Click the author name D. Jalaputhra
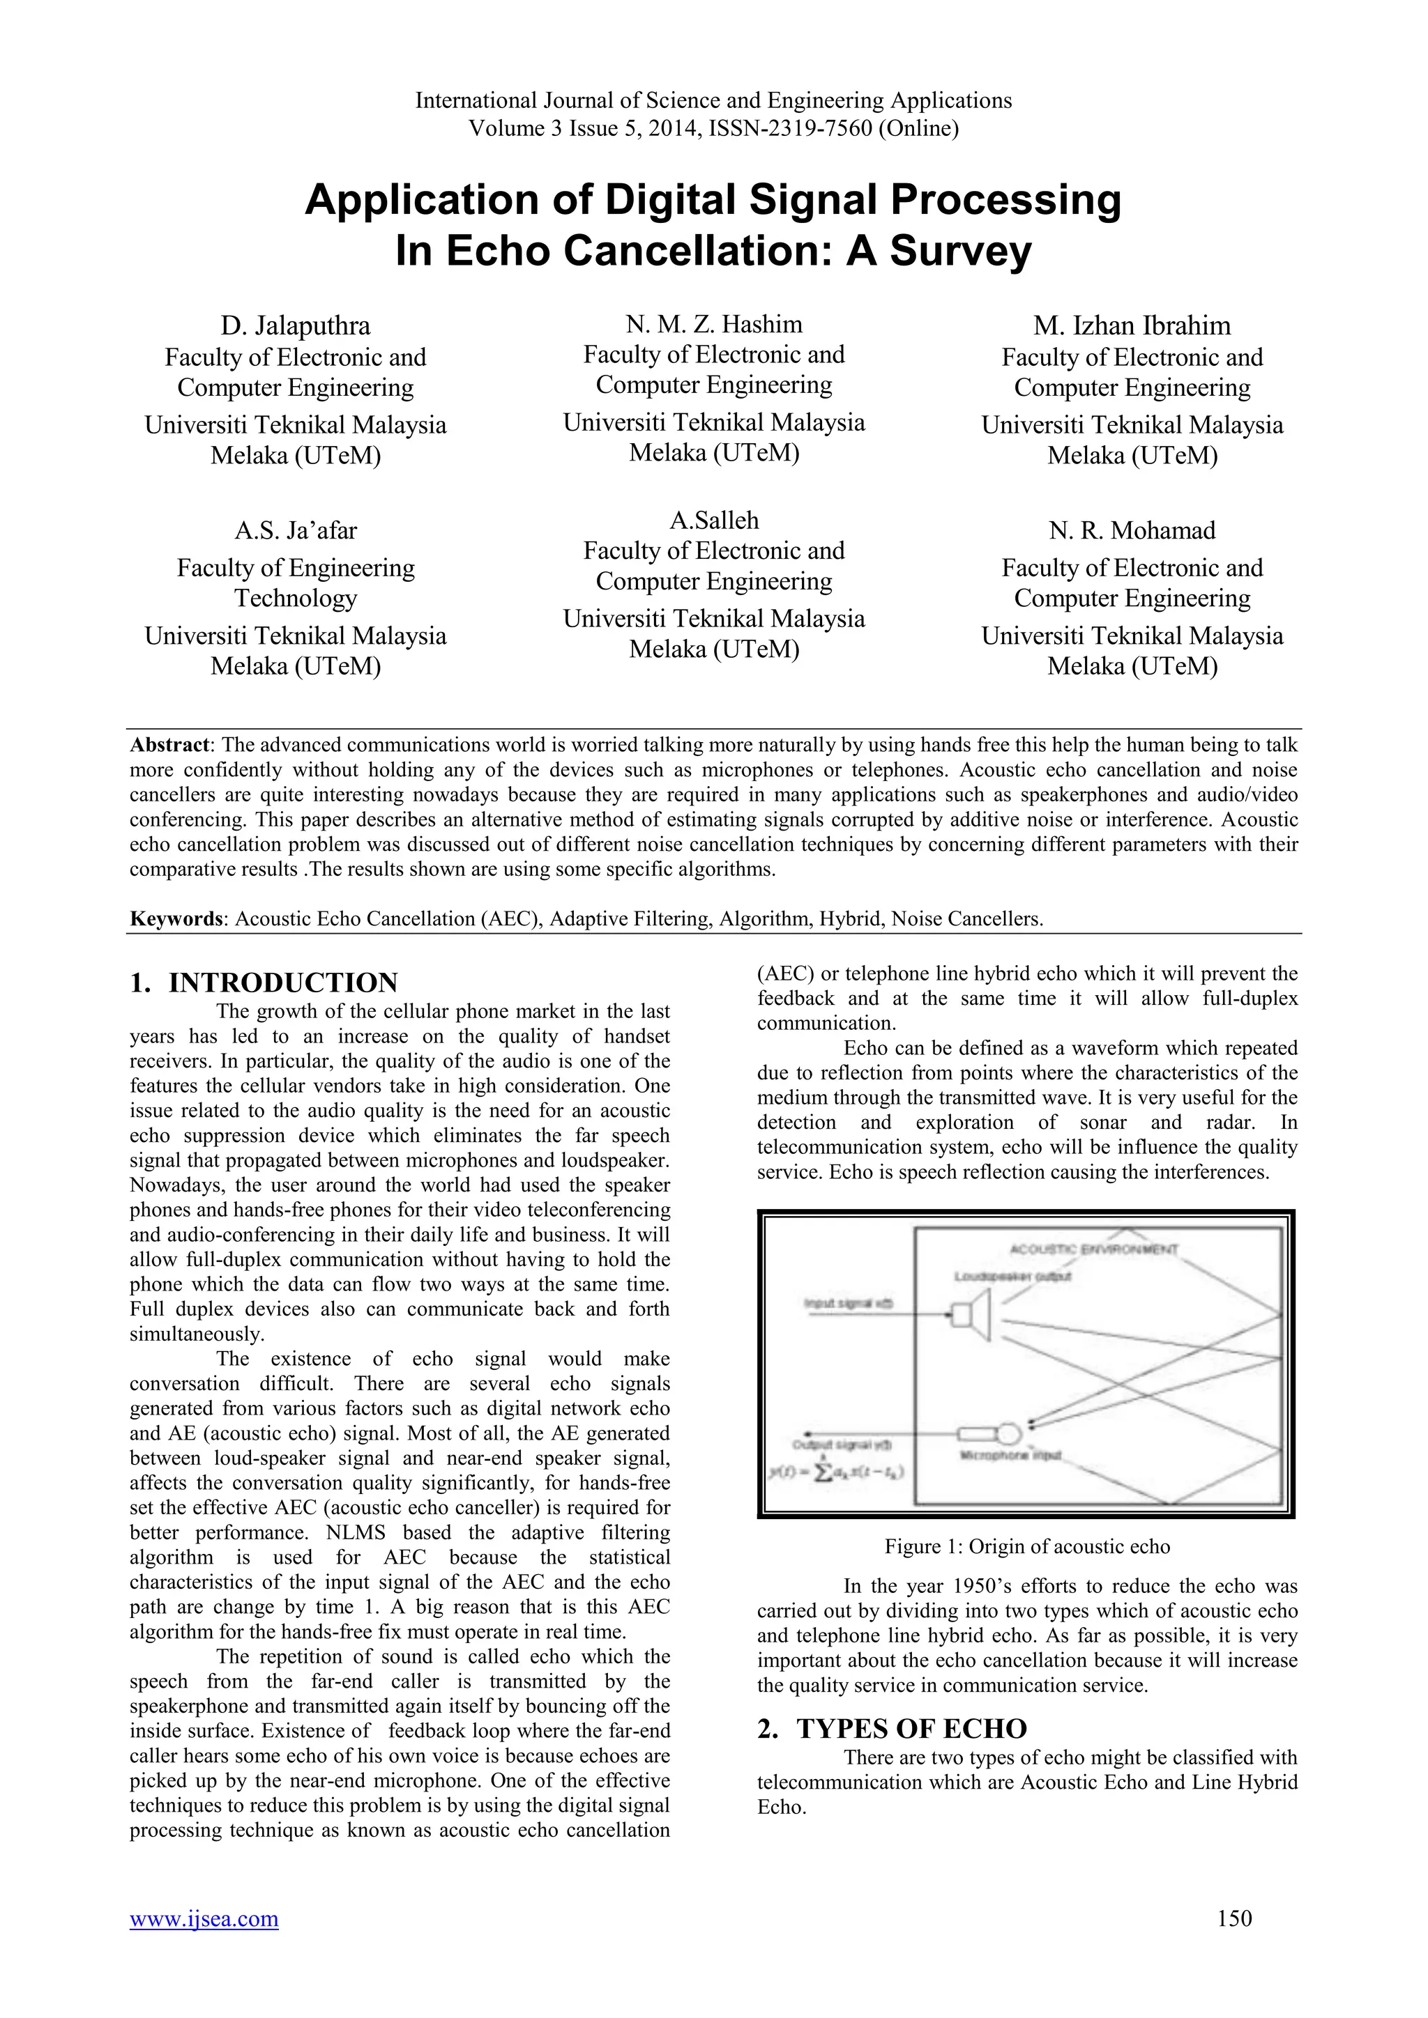(x=296, y=326)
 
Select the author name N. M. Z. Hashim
(x=714, y=324)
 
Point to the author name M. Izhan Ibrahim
(x=1132, y=326)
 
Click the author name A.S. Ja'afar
(x=296, y=531)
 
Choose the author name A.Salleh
(x=714, y=521)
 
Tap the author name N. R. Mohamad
(x=1132, y=531)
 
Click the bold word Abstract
(x=169, y=746)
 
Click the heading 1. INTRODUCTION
(x=264, y=983)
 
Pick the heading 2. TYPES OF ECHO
(x=892, y=1729)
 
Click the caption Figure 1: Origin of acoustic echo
(x=1027, y=1547)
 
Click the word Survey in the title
(x=960, y=252)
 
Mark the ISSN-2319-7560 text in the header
(x=789, y=129)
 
